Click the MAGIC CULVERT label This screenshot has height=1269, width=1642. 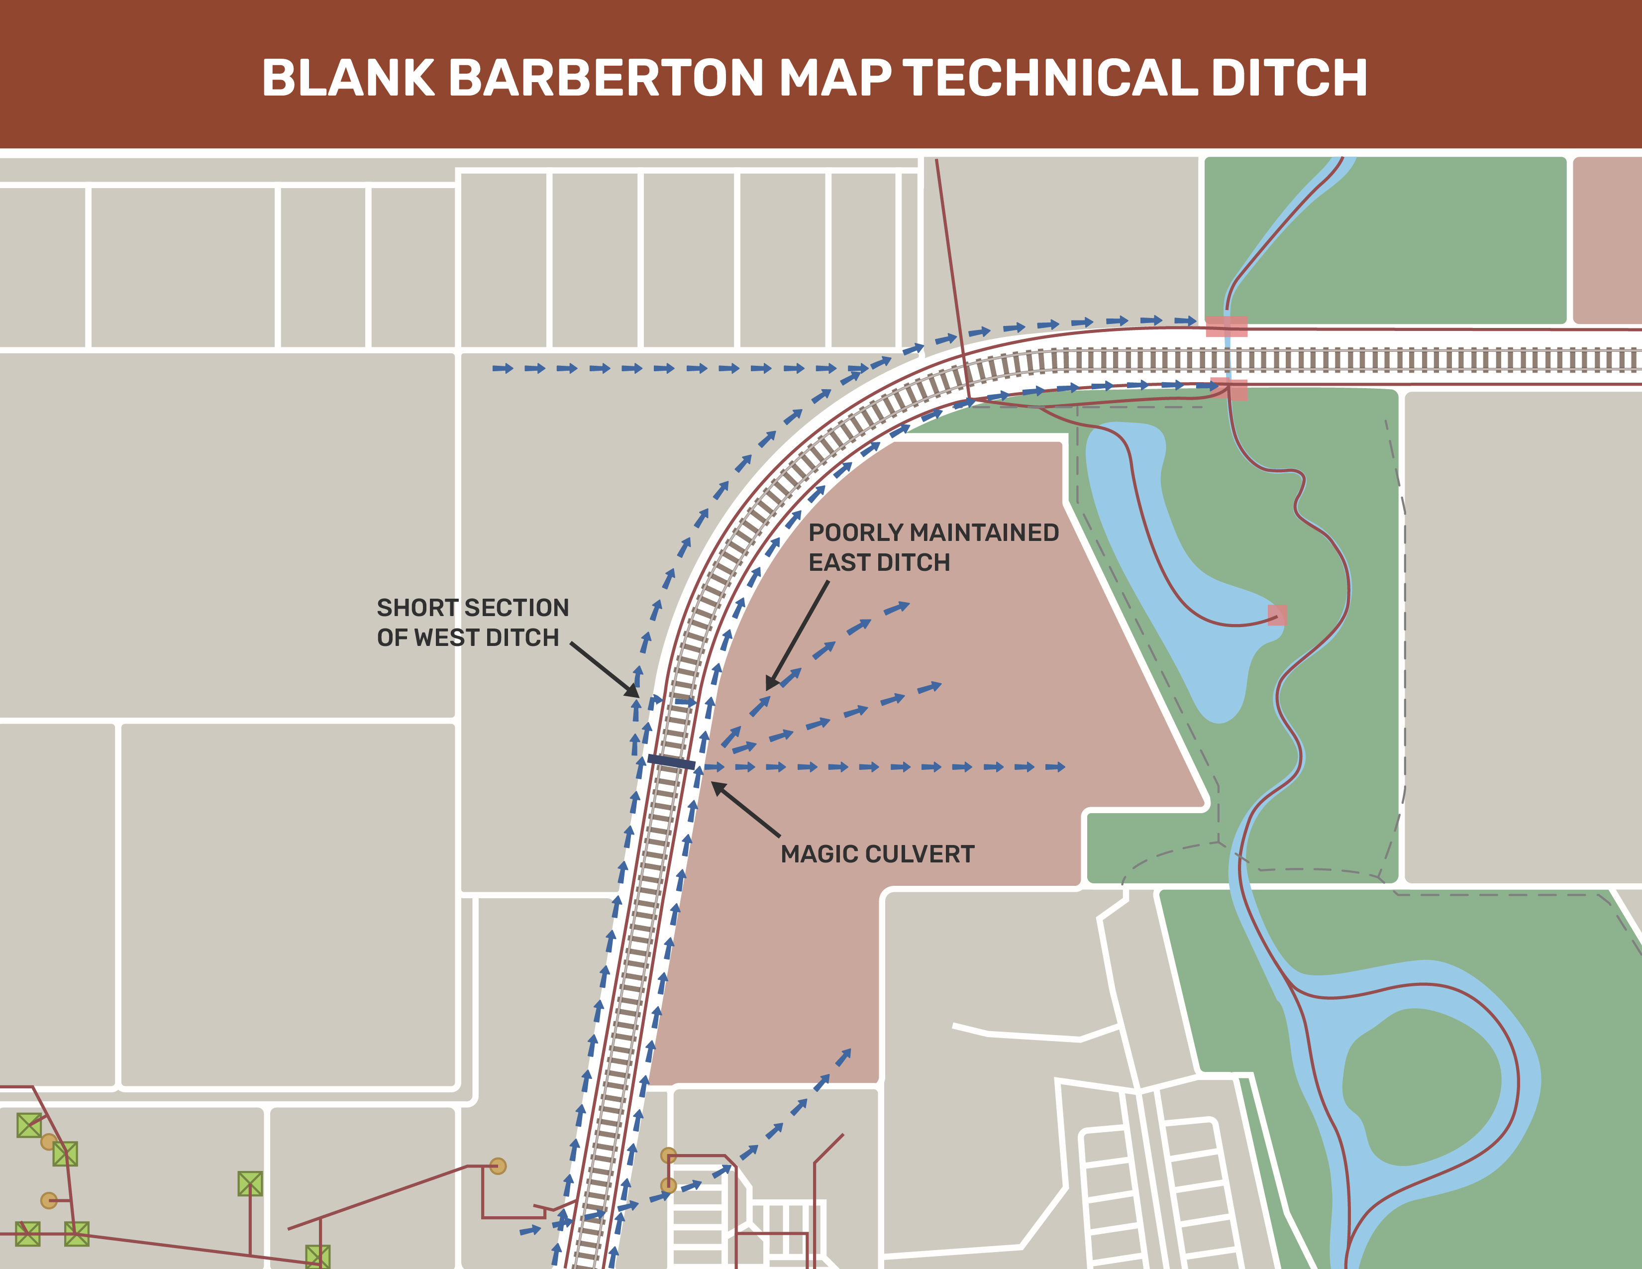click(877, 854)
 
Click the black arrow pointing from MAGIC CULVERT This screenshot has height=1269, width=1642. click(745, 810)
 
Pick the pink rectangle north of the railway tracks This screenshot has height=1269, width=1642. click(1226, 326)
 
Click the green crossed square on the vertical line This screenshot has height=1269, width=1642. click(250, 1184)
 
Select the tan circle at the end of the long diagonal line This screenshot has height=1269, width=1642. click(498, 1166)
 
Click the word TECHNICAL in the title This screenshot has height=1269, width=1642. click(1050, 78)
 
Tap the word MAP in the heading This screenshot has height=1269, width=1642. click(834, 78)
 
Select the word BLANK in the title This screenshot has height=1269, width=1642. click(347, 78)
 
